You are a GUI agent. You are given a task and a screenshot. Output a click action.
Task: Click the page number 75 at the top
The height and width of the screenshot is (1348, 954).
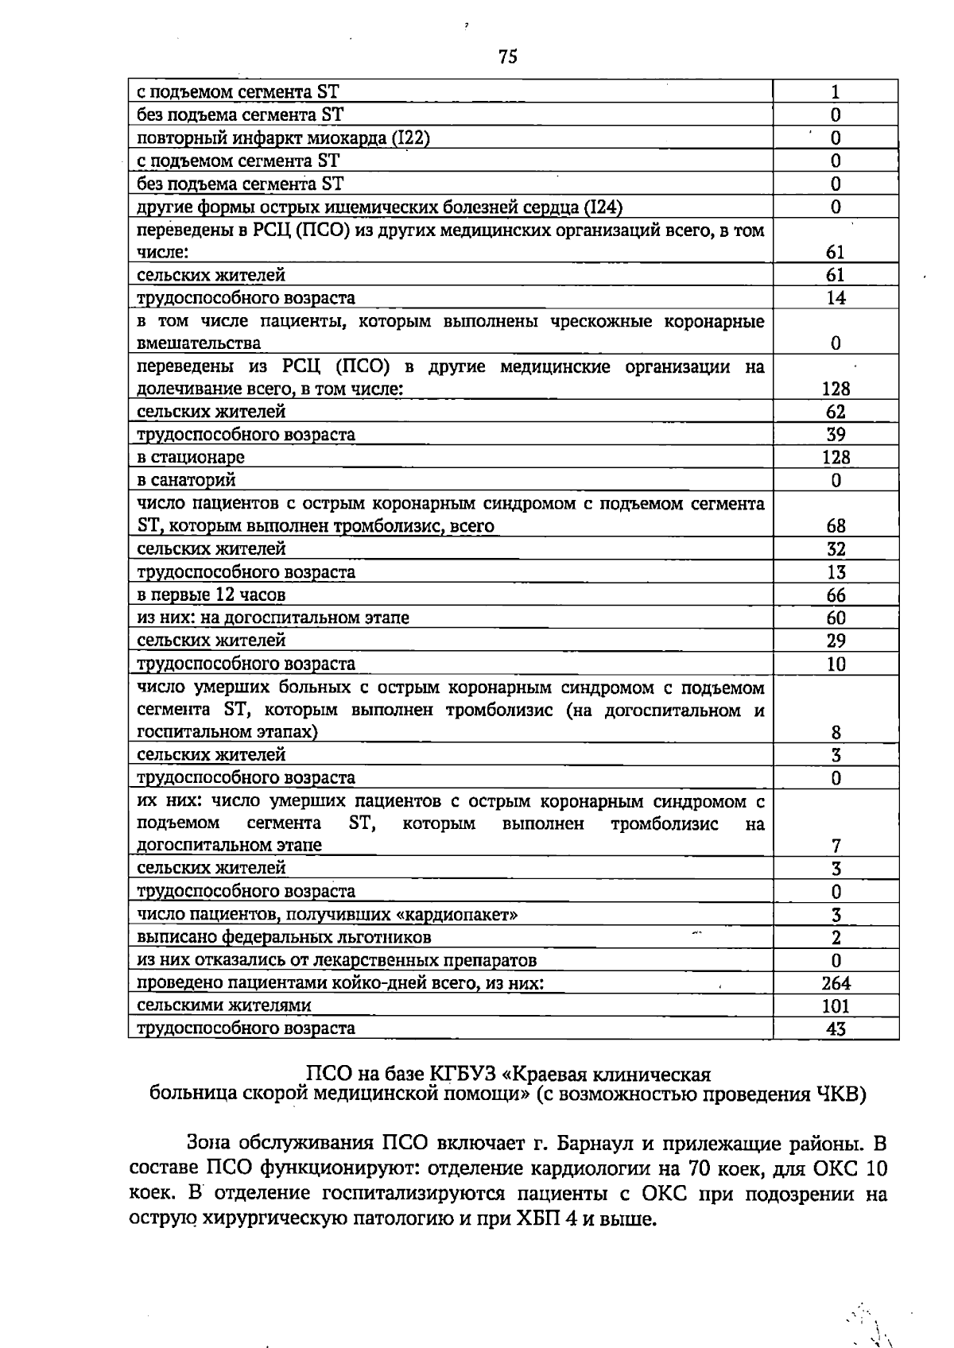(508, 56)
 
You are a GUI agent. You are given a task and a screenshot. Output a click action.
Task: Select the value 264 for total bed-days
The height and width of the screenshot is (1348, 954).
(836, 983)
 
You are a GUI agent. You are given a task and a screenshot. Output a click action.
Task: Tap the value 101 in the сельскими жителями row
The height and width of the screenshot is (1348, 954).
(836, 1006)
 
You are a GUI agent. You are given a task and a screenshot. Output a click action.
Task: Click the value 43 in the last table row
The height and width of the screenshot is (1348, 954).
(836, 1029)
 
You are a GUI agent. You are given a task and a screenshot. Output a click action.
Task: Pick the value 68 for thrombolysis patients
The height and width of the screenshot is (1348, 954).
(836, 526)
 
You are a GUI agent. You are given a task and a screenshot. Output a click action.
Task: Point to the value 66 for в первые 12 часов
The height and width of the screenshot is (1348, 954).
(836, 595)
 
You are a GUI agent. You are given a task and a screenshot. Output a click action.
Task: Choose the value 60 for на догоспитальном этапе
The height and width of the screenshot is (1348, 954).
(836, 618)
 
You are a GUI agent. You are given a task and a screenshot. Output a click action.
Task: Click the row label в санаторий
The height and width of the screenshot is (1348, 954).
(186, 480)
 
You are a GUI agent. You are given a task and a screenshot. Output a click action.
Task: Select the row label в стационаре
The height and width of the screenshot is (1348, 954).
(191, 457)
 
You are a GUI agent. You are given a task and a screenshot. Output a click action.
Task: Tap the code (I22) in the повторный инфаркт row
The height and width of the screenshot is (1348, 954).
(411, 138)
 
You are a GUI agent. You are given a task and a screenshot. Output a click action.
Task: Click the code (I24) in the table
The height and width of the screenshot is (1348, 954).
(603, 207)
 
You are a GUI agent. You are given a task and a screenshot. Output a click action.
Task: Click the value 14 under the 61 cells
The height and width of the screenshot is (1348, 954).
(836, 298)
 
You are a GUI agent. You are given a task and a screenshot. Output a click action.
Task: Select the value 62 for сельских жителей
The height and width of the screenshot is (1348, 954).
(836, 412)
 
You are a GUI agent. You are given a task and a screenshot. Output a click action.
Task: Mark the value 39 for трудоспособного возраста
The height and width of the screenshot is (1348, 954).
(836, 435)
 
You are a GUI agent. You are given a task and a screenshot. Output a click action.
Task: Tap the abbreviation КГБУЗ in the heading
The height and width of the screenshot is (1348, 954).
(463, 1075)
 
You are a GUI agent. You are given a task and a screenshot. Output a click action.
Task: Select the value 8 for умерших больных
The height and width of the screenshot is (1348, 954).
(836, 732)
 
